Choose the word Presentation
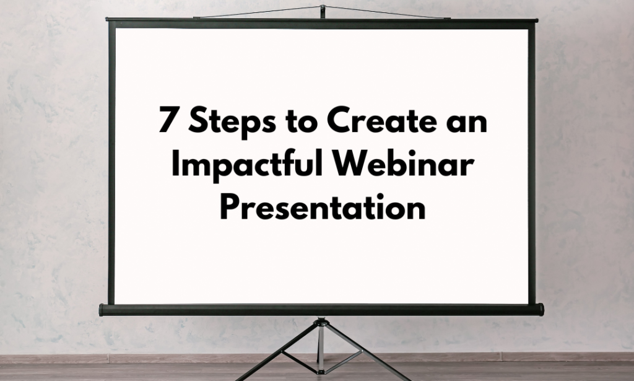tap(322, 208)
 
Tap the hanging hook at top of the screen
tap(323, 10)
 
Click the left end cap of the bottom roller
tap(103, 310)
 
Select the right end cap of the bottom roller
tap(540, 309)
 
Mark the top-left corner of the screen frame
tap(110, 22)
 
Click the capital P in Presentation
tap(228, 208)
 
